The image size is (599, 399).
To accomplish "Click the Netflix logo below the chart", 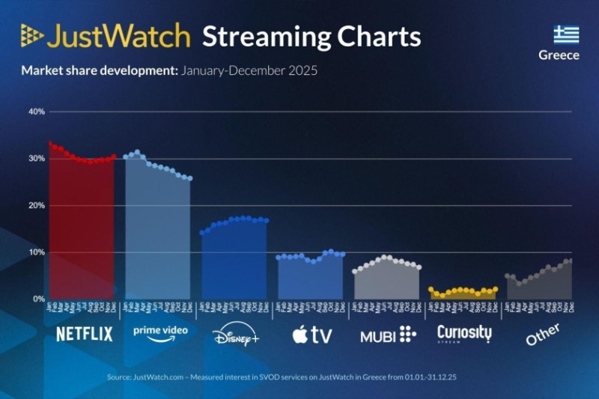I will [x=85, y=334].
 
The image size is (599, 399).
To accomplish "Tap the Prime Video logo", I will [x=159, y=332].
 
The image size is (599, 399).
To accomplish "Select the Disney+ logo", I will [x=235, y=335].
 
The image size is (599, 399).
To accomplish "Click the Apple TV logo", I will [x=311, y=335].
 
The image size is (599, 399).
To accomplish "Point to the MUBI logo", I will [x=388, y=335].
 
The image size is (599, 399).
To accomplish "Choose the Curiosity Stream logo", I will [x=464, y=334].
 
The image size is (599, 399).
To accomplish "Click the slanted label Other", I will [x=542, y=334].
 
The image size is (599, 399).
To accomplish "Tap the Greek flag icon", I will [x=566, y=34].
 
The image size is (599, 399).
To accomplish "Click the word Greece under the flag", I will [x=559, y=55].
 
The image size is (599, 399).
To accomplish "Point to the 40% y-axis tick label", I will [x=36, y=112].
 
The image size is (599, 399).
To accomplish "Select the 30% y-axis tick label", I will [x=36, y=159].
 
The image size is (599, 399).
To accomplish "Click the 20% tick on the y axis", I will [x=36, y=206].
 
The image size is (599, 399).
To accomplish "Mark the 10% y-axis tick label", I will [x=36, y=252].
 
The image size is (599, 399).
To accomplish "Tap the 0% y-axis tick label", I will [x=38, y=299].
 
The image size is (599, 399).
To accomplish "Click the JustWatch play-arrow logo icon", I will [x=32, y=36].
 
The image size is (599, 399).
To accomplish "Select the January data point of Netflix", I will [x=49, y=143].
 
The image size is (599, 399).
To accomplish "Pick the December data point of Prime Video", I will [x=190, y=178].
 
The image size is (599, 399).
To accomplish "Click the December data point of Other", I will [x=570, y=261].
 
